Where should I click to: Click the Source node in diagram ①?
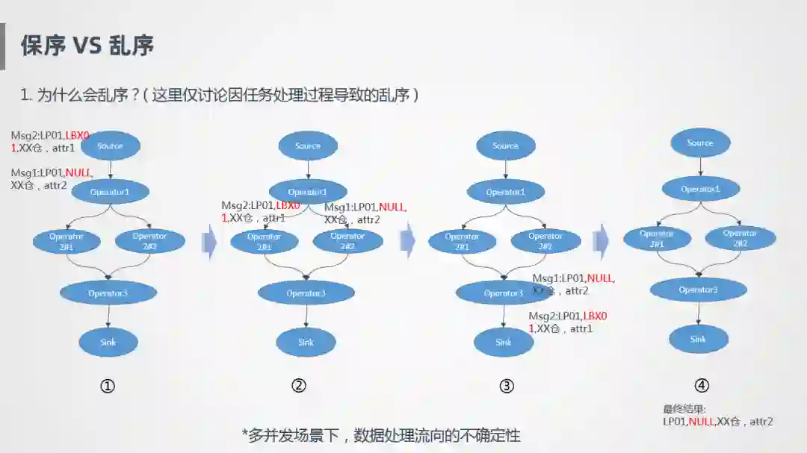110,146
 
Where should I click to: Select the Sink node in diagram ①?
108,342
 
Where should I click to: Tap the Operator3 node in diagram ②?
306,293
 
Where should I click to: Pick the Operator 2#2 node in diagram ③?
545,241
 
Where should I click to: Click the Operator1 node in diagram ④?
700,189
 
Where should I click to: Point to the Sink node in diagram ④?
698,339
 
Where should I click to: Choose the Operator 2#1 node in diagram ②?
265,241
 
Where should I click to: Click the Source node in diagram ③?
505,146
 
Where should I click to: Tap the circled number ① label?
108,386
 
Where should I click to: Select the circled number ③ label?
507,386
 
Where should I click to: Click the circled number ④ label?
701,386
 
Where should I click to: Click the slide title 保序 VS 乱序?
87,46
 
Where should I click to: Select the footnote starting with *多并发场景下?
380,435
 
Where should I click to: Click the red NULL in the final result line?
702,422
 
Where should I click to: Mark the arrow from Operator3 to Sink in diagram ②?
305,316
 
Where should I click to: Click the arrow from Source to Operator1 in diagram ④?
700,166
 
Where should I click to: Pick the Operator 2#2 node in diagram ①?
149,241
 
